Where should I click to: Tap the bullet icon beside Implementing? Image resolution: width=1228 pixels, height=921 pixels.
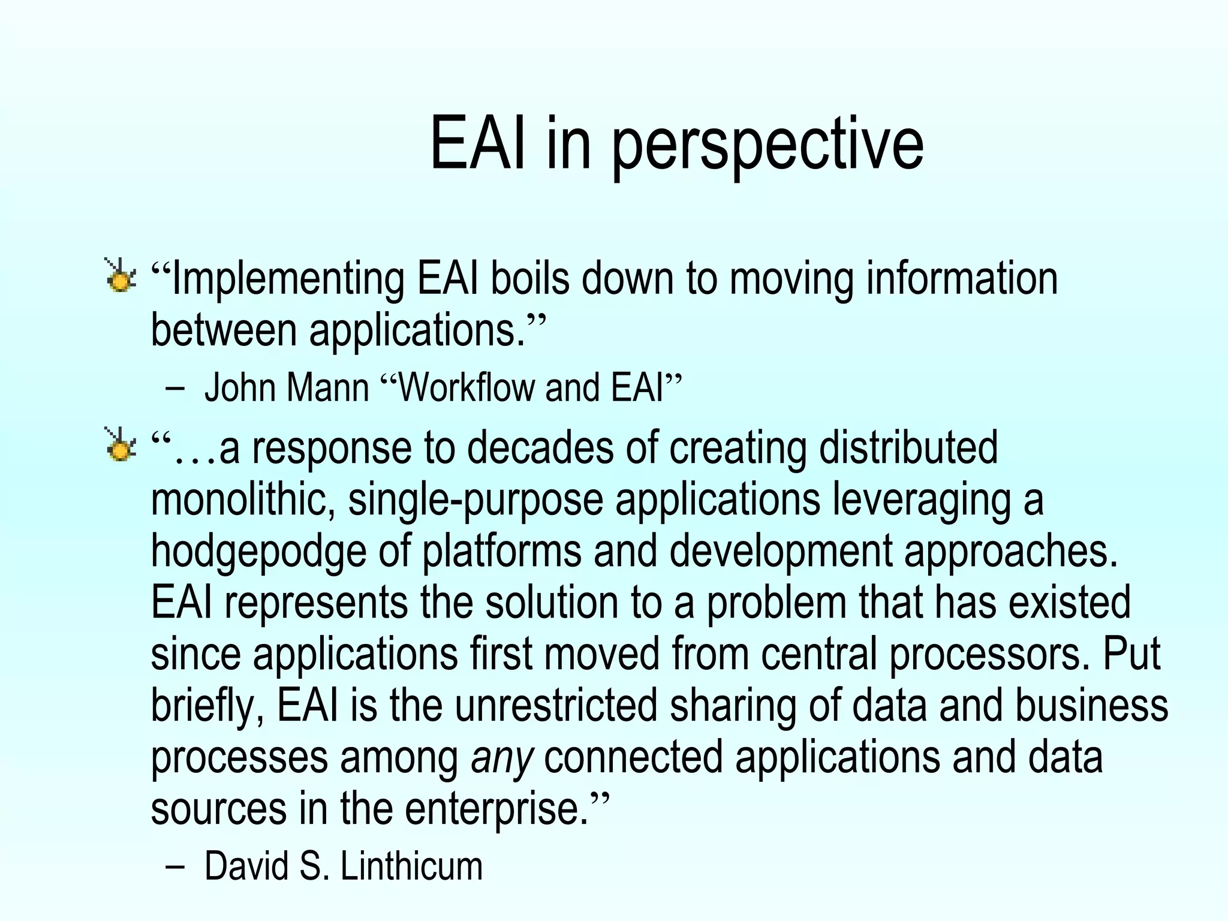tap(120, 277)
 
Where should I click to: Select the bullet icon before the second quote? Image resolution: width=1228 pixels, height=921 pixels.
tap(120, 446)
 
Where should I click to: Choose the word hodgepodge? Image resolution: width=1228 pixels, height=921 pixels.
tap(258, 552)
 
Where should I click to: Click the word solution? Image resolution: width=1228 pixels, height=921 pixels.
tap(552, 603)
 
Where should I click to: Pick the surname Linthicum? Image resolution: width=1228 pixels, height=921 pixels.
tap(411, 866)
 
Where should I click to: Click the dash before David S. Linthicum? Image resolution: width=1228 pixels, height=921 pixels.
tap(174, 866)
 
